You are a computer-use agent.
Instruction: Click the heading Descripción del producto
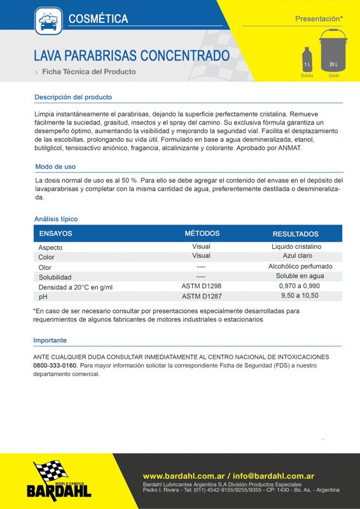(x=73, y=97)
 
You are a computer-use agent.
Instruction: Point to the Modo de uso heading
(x=55, y=167)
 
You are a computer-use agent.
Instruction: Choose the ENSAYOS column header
(x=56, y=234)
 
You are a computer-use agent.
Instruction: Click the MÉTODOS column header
(x=202, y=234)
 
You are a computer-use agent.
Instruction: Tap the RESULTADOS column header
(x=295, y=234)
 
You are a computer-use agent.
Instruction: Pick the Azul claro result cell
(x=296, y=256)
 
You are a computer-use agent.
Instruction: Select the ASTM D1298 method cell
(x=201, y=286)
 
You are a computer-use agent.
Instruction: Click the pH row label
(x=43, y=297)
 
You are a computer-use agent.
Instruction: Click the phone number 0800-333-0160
(x=55, y=366)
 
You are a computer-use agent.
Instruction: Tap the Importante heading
(x=50, y=340)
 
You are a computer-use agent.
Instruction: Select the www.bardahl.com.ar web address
(x=177, y=475)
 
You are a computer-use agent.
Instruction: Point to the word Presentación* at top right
(x=319, y=19)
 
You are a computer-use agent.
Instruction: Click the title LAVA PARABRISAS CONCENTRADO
(x=132, y=55)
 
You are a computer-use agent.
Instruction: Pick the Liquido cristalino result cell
(x=296, y=246)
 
